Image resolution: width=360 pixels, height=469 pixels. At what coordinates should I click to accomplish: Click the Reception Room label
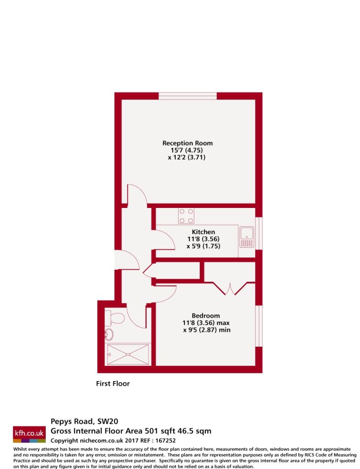(187, 143)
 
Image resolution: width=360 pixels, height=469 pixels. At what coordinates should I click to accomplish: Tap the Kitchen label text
(203, 232)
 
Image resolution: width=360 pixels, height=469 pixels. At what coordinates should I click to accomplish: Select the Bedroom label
(206, 316)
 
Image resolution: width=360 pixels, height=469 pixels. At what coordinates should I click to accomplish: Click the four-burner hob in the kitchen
(186, 216)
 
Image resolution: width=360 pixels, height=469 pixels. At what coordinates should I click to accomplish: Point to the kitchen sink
(247, 237)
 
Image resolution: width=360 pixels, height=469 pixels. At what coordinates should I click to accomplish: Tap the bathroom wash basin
(109, 335)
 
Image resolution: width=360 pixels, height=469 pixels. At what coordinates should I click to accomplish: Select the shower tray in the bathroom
(128, 354)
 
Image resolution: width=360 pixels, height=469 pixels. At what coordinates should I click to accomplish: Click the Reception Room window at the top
(187, 96)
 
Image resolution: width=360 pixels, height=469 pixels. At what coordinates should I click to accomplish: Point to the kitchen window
(259, 233)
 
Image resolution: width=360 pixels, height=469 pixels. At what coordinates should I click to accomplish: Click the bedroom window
(259, 326)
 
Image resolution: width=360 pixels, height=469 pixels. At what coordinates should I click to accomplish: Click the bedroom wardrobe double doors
(229, 289)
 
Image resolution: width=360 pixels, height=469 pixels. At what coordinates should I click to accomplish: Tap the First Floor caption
(113, 383)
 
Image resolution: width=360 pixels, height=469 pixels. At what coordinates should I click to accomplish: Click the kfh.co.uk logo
(29, 434)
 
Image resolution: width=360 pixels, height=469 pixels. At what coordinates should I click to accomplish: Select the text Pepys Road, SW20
(84, 421)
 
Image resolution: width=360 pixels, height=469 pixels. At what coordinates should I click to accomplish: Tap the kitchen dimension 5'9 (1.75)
(203, 246)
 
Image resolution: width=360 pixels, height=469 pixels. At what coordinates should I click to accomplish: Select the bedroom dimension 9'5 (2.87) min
(207, 330)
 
